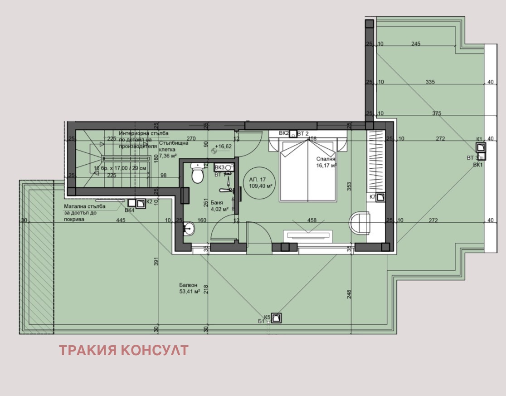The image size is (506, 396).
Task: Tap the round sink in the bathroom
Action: pyautogui.click(x=189, y=229)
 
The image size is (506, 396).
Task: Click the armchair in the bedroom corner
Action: pyautogui.click(x=360, y=223)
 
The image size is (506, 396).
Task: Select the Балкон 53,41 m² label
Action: pyautogui.click(x=190, y=288)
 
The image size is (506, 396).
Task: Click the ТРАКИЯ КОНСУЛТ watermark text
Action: pyautogui.click(x=123, y=350)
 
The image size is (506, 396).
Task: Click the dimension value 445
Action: pyautogui.click(x=120, y=220)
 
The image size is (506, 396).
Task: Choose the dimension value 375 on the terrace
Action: pyautogui.click(x=437, y=113)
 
